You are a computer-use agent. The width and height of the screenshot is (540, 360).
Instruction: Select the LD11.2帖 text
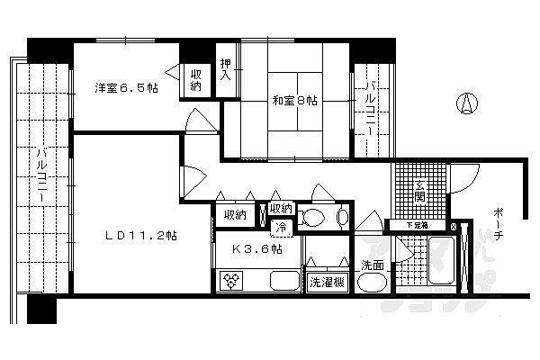pyautogui.click(x=140, y=236)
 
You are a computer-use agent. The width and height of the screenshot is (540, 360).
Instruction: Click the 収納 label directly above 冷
pyautogui.click(x=281, y=210)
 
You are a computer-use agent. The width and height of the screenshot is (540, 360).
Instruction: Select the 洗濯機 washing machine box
pyautogui.click(x=325, y=283)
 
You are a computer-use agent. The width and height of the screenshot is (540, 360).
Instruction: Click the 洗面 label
pyautogui.click(x=373, y=265)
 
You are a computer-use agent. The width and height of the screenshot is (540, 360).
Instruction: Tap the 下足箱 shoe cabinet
pyautogui.click(x=416, y=225)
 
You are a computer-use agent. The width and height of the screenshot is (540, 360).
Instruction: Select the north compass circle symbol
pyautogui.click(x=466, y=104)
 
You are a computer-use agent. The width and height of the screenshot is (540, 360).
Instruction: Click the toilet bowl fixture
pyautogui.click(x=314, y=217)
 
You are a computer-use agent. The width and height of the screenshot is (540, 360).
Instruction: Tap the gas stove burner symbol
pyautogui.click(x=231, y=283)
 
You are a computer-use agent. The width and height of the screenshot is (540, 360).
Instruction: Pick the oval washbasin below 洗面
pyautogui.click(x=371, y=283)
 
